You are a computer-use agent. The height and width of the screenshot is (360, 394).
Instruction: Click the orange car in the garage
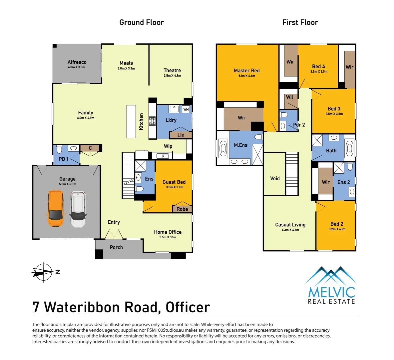(56, 209)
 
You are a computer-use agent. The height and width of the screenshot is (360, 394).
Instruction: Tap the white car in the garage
(78, 209)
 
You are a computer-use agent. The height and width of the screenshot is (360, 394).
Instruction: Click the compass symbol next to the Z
(43, 272)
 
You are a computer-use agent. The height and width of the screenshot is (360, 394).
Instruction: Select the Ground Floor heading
(142, 22)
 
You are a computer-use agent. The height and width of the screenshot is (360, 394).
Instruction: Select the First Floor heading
(300, 22)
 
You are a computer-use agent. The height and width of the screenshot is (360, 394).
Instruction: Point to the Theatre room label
(172, 70)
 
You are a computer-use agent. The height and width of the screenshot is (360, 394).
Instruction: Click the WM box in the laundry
(186, 109)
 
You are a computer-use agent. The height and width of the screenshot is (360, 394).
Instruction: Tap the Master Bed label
(246, 70)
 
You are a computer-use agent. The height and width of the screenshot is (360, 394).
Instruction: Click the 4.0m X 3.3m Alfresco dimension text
(77, 67)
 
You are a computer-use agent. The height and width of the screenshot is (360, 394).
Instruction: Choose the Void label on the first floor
(275, 178)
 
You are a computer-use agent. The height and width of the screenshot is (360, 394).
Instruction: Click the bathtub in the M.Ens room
(223, 149)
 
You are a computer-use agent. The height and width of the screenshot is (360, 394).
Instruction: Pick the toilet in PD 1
(59, 149)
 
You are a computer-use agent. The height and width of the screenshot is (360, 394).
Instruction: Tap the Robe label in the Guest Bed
(182, 209)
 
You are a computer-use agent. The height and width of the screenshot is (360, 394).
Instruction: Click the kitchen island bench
(131, 122)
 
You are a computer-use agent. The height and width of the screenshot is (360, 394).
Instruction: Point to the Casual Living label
(290, 225)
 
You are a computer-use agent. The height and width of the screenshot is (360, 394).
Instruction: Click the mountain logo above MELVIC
(330, 275)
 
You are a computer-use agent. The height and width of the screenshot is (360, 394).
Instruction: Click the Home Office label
(168, 232)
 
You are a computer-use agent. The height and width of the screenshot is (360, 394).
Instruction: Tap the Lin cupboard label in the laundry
(181, 135)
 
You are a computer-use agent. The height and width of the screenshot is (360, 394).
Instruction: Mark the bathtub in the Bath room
(349, 149)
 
